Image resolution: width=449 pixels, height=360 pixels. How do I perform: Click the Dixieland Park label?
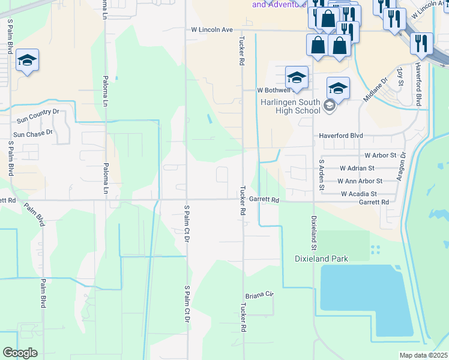321,259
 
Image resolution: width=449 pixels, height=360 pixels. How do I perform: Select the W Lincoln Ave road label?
211,29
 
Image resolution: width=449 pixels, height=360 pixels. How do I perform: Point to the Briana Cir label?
259,295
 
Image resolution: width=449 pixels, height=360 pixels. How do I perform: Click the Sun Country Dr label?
38,112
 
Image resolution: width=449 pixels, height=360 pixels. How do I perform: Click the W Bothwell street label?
274,90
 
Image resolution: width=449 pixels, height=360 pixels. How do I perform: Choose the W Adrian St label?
357,169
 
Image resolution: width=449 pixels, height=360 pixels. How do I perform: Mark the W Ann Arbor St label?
360,181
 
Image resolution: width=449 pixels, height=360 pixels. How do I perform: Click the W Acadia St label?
358,194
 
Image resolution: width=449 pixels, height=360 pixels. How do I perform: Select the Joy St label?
400,76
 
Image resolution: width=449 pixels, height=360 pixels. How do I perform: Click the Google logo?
20,353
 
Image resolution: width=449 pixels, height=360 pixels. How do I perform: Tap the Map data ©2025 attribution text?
424,355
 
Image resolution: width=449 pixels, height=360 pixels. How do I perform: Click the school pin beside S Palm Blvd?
28,60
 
